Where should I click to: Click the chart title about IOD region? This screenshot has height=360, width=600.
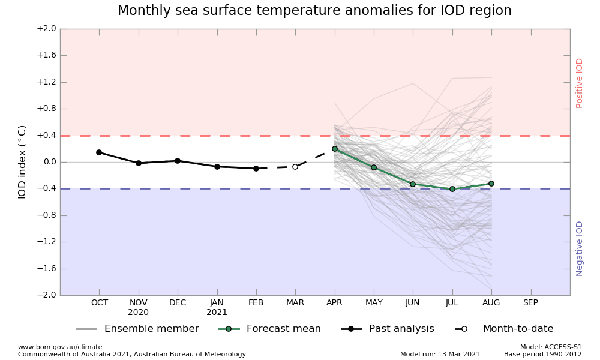pyautogui.click(x=314, y=11)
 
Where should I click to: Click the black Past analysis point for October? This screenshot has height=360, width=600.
pyautogui.click(x=99, y=152)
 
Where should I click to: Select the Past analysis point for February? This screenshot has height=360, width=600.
pyautogui.click(x=256, y=169)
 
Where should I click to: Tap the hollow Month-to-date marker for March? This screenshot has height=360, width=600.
pyautogui.click(x=295, y=167)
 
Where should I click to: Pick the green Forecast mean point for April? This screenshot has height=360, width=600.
pyautogui.click(x=335, y=149)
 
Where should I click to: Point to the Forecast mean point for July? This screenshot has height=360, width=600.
pyautogui.click(x=452, y=189)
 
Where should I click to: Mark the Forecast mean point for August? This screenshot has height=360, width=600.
pyautogui.click(x=491, y=184)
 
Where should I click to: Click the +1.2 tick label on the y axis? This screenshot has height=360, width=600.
pyautogui.click(x=46, y=82)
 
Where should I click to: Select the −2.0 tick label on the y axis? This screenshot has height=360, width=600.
pyautogui.click(x=46, y=295)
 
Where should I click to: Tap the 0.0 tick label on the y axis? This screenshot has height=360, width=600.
pyautogui.click(x=48, y=162)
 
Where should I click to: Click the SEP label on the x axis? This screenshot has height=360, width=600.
pyautogui.click(x=530, y=303)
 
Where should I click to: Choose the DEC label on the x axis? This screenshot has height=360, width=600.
pyautogui.click(x=178, y=303)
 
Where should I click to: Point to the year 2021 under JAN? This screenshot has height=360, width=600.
pyautogui.click(x=217, y=313)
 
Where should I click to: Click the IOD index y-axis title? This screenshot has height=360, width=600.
pyautogui.click(x=23, y=162)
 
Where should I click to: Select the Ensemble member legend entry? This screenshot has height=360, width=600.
pyautogui.click(x=138, y=329)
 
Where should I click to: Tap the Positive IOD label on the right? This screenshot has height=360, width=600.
pyautogui.click(x=580, y=83)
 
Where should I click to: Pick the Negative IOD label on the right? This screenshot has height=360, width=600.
pyautogui.click(x=580, y=248)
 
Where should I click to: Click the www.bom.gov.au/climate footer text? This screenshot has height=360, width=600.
pyautogui.click(x=60, y=347)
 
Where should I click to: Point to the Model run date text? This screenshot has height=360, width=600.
pyautogui.click(x=440, y=354)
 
